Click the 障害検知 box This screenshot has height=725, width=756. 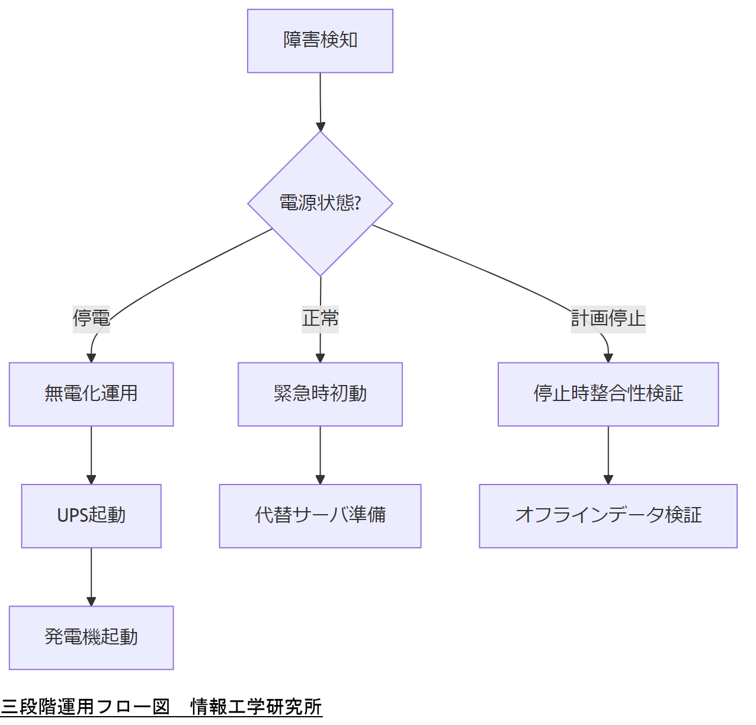[320, 41]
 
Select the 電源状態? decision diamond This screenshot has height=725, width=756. [320, 203]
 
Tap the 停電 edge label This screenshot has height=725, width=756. [91, 318]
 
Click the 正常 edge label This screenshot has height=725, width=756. [320, 318]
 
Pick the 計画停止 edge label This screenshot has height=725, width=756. [608, 318]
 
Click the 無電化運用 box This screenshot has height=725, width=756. [91, 394]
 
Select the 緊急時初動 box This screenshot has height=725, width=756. [320, 394]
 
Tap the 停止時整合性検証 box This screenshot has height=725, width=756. [608, 394]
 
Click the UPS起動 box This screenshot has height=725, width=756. [91, 516]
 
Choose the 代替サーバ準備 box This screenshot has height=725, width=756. [320, 516]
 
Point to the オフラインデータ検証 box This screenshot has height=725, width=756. [608, 516]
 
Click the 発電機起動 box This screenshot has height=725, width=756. [91, 637]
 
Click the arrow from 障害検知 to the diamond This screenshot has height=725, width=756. [321, 101]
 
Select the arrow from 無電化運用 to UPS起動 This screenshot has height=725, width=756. [91, 454]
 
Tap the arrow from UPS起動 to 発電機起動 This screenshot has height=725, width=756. [91, 576]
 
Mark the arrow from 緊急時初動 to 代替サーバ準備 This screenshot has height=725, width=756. [320, 454]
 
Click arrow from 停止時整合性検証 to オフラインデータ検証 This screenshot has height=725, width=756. [608, 454]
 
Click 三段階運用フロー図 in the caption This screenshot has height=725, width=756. [85, 707]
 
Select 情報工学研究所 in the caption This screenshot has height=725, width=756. [256, 707]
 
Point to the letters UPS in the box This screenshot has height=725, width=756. [72, 516]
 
